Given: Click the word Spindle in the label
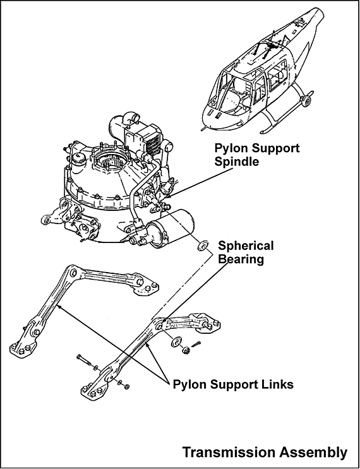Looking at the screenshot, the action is pos(236,162).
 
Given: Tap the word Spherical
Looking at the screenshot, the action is pos(246,246).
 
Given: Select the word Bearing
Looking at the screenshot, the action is pos(241,259).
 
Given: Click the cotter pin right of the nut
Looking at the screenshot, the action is pos(196,344).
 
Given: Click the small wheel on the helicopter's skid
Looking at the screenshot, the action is pos(306,101).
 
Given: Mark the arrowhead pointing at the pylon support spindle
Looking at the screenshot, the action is pos(167,196).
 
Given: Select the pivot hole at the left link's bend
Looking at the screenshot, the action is pos(73,273).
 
